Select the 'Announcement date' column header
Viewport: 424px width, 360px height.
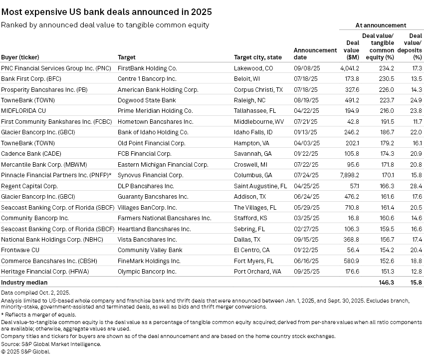(x=315, y=53)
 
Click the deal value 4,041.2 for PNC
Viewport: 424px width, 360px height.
(x=349, y=67)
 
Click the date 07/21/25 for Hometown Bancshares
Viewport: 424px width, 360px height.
(x=305, y=121)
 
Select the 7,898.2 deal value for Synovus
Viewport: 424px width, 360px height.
(x=349, y=176)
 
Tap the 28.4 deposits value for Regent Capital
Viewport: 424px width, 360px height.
(x=416, y=186)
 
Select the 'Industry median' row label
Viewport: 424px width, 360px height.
(x=24, y=283)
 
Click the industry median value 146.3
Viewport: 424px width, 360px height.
(x=386, y=283)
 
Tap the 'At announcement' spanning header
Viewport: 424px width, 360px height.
(x=381, y=25)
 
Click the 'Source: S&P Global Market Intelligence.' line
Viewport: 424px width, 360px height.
(x=51, y=344)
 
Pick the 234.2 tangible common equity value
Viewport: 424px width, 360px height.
(x=386, y=67)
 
